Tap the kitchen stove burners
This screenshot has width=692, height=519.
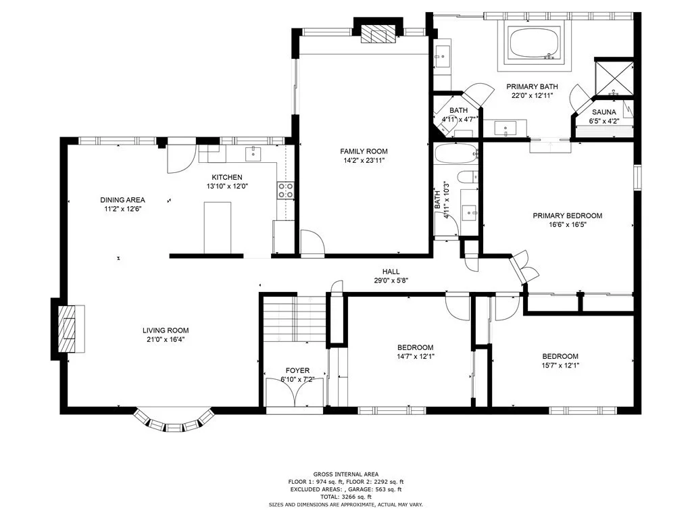point(286,190)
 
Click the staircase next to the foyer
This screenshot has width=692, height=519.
point(295,318)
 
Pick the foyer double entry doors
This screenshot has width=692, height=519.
point(296,391)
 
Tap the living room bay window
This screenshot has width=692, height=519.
point(174,422)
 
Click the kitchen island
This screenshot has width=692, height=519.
point(218,228)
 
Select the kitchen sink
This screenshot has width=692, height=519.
point(253,153)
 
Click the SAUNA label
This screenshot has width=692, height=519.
point(603,112)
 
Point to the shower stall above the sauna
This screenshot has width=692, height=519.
point(614,78)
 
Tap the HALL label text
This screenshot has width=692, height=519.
point(391,272)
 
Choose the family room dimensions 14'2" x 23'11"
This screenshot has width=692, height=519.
point(364,161)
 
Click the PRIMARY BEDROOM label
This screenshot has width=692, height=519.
point(568,216)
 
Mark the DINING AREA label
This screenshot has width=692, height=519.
point(122,200)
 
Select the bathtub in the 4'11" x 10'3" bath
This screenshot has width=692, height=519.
point(456,154)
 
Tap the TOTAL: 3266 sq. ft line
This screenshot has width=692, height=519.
point(345,497)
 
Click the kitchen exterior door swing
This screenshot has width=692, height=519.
point(181,159)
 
